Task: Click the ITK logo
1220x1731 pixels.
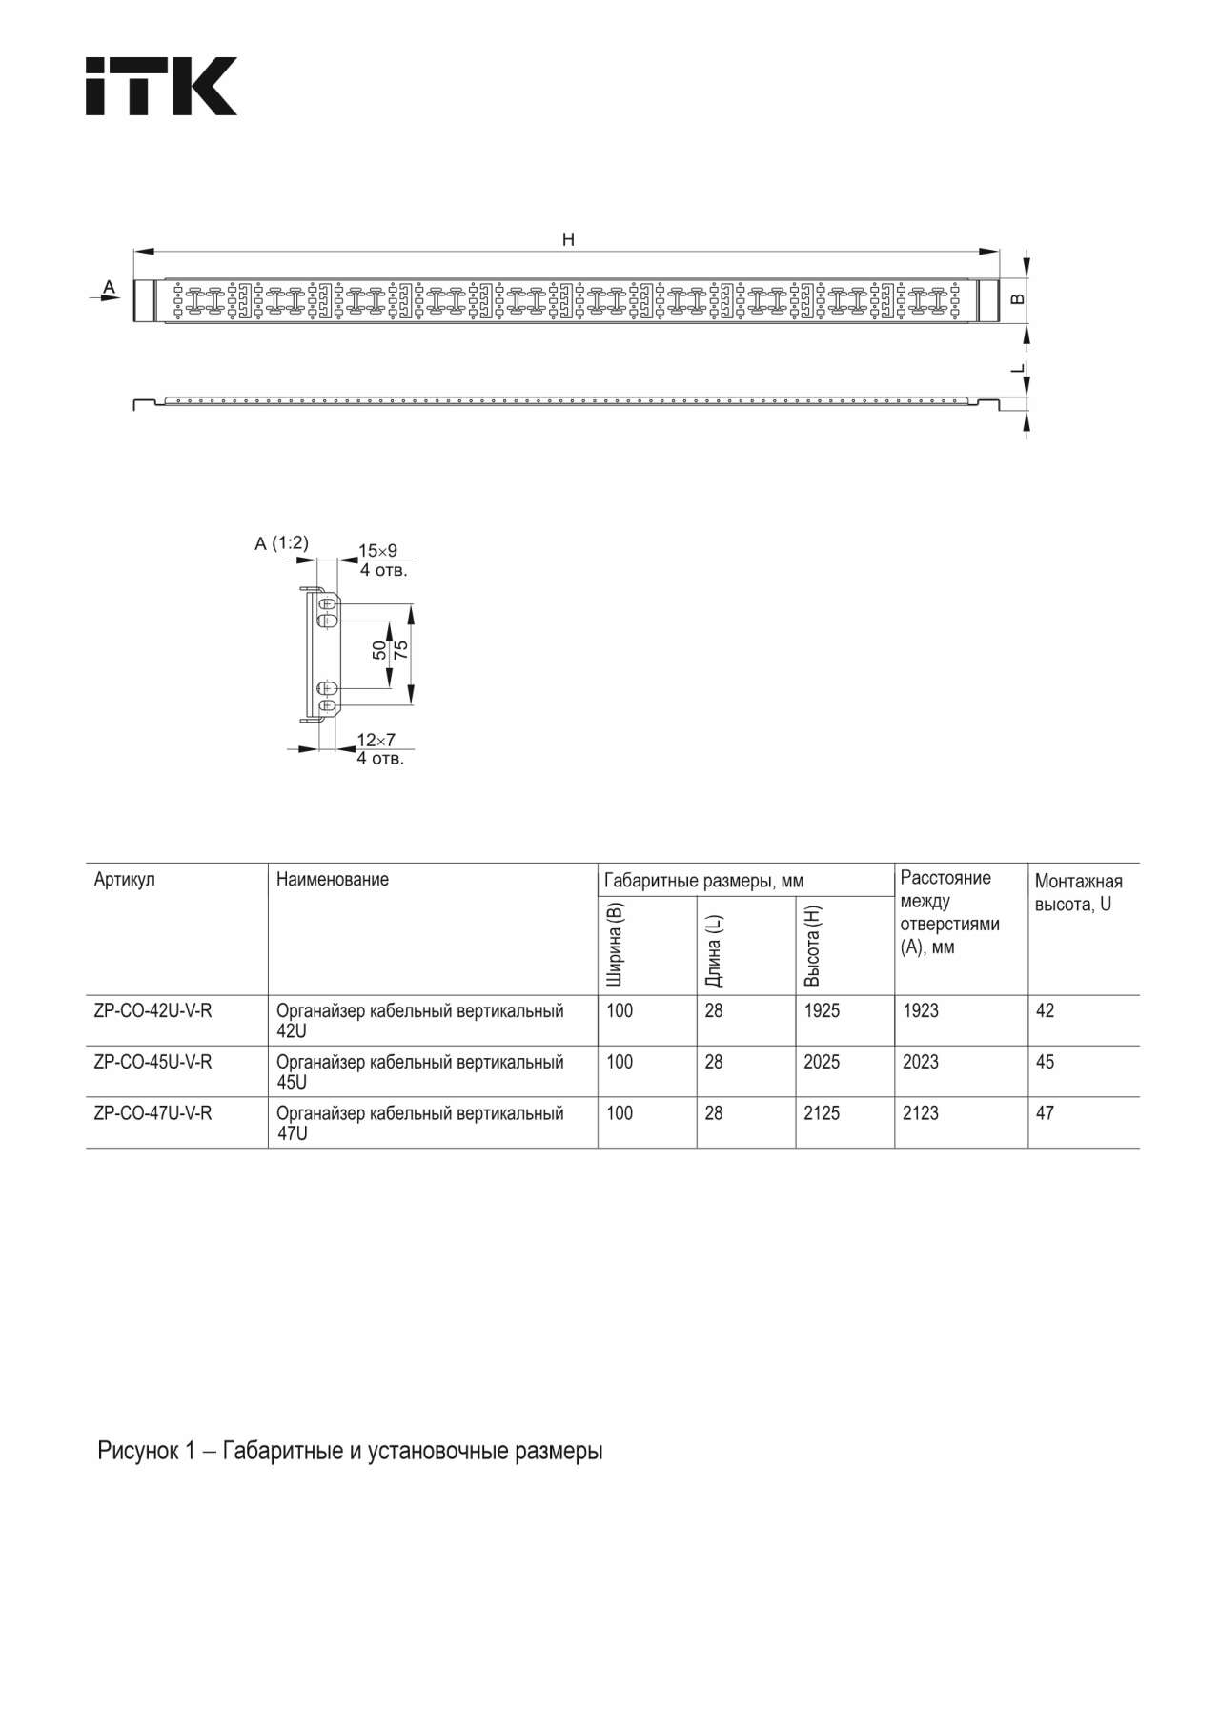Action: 161,87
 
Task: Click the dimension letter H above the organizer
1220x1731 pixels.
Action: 568,239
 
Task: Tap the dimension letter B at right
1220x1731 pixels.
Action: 1018,299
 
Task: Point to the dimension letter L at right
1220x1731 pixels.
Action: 1018,368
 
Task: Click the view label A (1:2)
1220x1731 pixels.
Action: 281,543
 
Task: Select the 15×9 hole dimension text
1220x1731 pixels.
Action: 377,551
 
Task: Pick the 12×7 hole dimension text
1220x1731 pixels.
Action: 376,740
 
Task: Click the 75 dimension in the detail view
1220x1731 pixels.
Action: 401,651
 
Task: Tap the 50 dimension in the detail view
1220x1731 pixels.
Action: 379,651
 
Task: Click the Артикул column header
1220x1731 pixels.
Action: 124,880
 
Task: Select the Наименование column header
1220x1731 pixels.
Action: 333,880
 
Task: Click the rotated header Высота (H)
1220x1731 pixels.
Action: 812,946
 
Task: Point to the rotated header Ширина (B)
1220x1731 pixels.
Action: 616,944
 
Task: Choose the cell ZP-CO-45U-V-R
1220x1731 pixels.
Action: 152,1062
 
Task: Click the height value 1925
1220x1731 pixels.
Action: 822,1010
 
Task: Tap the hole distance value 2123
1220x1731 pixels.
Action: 921,1113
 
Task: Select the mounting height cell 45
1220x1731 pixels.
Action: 1045,1062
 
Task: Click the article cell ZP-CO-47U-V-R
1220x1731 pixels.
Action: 152,1113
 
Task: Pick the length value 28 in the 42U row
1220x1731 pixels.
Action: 714,1010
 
